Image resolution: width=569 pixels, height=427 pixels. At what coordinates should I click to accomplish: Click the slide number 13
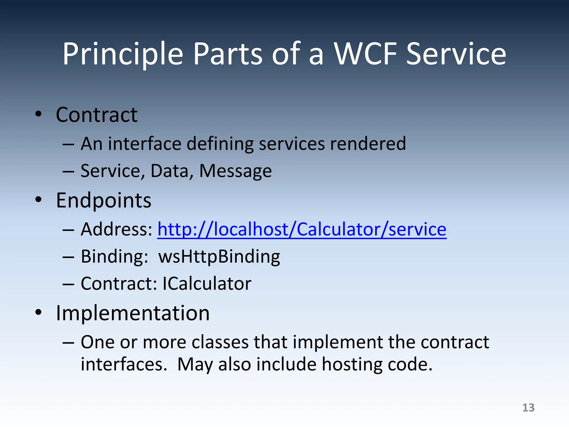click(528, 408)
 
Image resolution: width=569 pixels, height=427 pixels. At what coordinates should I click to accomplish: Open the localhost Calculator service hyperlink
click(302, 229)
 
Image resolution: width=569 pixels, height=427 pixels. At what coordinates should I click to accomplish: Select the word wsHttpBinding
click(219, 256)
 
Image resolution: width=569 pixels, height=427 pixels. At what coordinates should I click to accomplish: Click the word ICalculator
click(207, 284)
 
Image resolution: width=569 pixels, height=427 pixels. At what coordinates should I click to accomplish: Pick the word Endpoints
click(103, 200)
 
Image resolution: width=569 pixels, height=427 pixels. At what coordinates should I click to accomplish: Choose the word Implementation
click(133, 313)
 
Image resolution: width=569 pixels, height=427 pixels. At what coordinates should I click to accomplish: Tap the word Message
click(235, 171)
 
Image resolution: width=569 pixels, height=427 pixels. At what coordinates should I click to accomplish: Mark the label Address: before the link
click(116, 229)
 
